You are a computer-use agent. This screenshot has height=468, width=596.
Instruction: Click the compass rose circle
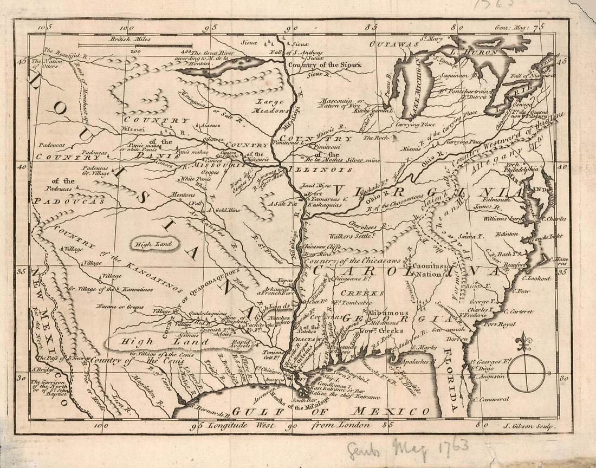[526, 373]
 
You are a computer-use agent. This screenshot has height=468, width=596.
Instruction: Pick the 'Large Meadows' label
[274, 106]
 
